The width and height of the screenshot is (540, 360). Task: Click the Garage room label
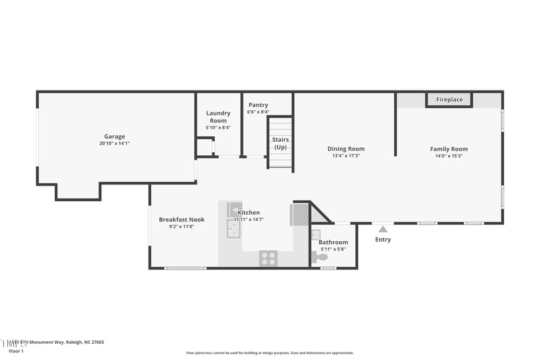pyautogui.click(x=114, y=136)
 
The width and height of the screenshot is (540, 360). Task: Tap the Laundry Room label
pyautogui.click(x=218, y=117)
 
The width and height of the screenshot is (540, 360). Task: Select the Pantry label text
pyautogui.click(x=258, y=105)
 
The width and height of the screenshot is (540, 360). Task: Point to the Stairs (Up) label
pyautogui.click(x=280, y=143)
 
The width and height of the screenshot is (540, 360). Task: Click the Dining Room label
pyautogui.click(x=346, y=149)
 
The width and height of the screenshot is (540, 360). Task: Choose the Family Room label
pyautogui.click(x=449, y=149)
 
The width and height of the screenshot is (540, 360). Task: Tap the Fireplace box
pyautogui.click(x=449, y=99)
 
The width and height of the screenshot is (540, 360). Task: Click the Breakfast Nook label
pyautogui.click(x=182, y=220)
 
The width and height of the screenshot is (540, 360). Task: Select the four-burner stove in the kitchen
pyautogui.click(x=268, y=258)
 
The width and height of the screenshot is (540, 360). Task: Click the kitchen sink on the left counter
pyautogui.click(x=234, y=230)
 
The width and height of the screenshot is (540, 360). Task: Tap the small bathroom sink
pyautogui.click(x=315, y=235)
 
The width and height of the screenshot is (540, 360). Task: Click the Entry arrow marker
pyautogui.click(x=383, y=229)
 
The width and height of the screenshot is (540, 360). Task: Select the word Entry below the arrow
pyautogui.click(x=383, y=239)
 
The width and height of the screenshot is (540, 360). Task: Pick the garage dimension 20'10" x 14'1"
pyautogui.click(x=114, y=143)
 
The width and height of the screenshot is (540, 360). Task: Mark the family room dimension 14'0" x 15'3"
pyautogui.click(x=449, y=156)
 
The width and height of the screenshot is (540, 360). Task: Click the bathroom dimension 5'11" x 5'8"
pyautogui.click(x=333, y=249)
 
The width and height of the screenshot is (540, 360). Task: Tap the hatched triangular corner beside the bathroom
pyautogui.click(x=318, y=215)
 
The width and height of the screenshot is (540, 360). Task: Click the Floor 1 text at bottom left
pyautogui.click(x=16, y=351)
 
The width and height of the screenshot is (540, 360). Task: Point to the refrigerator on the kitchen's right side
pyautogui.click(x=300, y=215)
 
